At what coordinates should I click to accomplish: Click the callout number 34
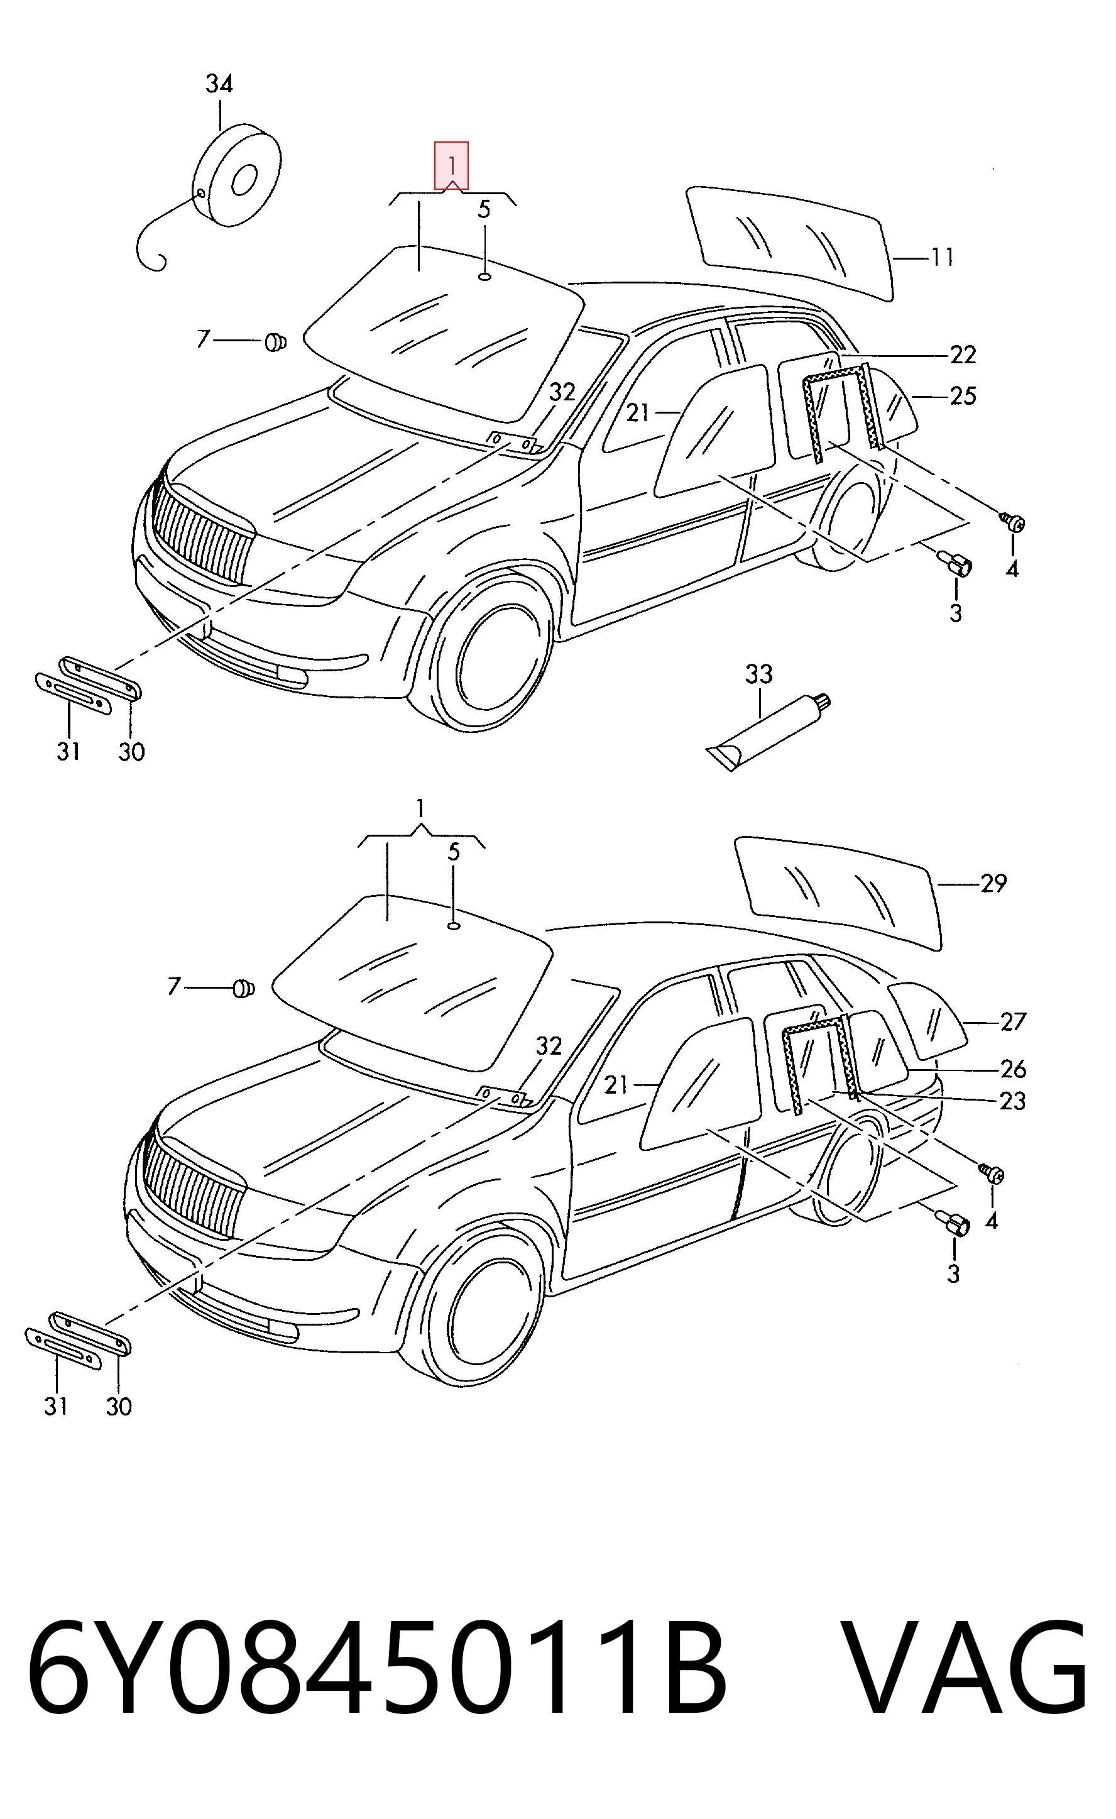[219, 84]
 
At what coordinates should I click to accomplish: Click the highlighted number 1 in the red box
[452, 164]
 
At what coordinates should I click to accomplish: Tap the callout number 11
[942, 257]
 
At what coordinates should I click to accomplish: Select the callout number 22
[963, 355]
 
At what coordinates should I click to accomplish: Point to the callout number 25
[963, 397]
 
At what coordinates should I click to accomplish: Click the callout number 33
[758, 674]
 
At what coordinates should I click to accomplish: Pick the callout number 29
[993, 883]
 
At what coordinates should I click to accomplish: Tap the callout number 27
[1014, 1022]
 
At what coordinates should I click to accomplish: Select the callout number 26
[1014, 1069]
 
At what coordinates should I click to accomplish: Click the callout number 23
[1014, 1101]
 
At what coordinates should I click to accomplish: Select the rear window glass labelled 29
[840, 893]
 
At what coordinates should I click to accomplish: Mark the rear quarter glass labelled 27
[927, 1020]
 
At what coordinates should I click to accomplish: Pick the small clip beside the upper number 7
[275, 342]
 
